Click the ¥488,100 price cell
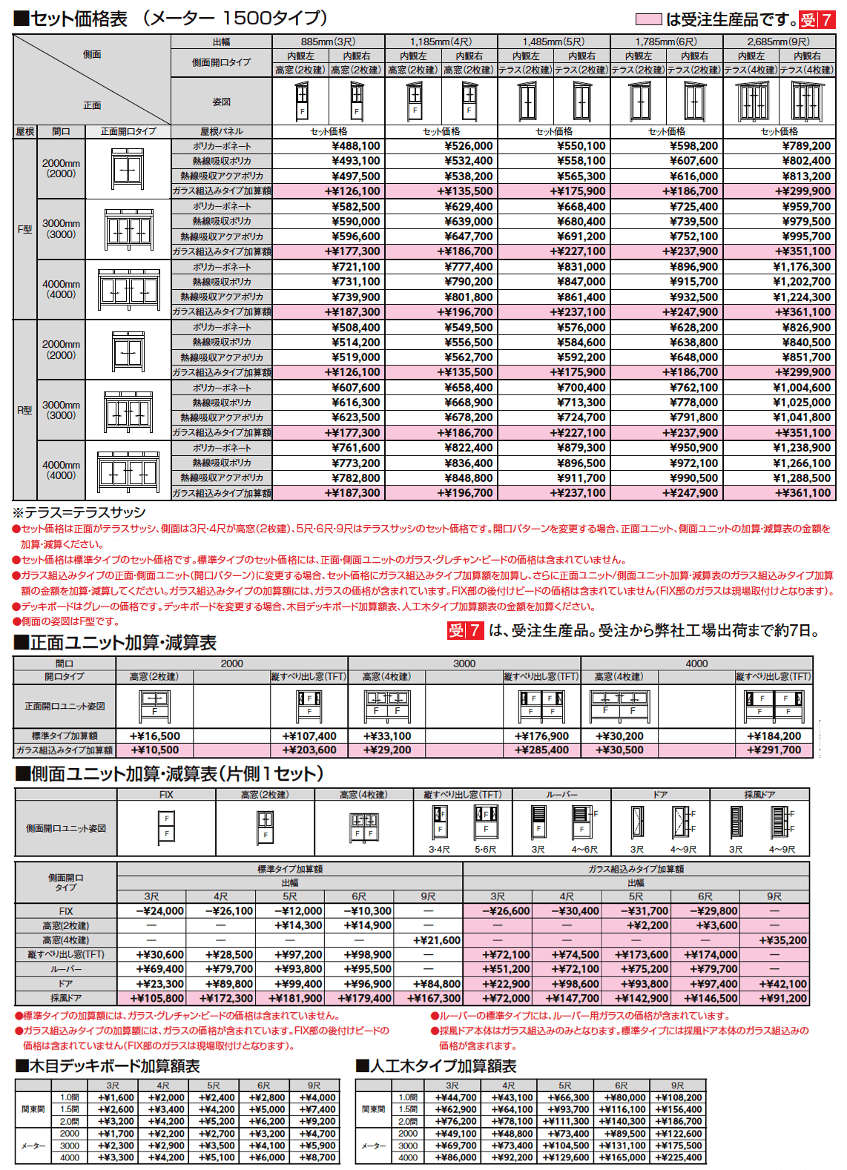(x=356, y=146)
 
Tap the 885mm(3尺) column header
(x=328, y=42)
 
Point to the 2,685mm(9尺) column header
(x=778, y=42)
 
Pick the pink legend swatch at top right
(x=648, y=19)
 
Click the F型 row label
(x=24, y=229)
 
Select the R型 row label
(x=24, y=410)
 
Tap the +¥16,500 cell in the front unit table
(x=155, y=736)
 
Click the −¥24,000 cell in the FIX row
(x=160, y=911)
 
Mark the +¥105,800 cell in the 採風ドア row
(x=156, y=998)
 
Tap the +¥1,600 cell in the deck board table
(x=116, y=1097)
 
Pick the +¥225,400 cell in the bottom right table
(x=678, y=1157)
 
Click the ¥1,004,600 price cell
(x=802, y=388)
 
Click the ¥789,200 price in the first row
(x=806, y=146)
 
